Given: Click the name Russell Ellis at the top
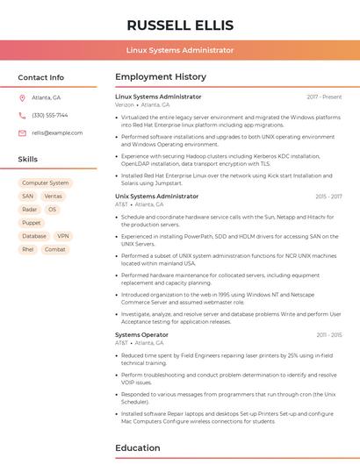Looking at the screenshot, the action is tap(179, 25).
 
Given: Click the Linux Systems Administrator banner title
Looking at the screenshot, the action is tap(179, 50).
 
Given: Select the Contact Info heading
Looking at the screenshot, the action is tap(40, 77).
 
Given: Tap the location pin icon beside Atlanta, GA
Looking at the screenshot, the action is tap(22, 97).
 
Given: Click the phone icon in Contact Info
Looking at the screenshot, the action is tap(22, 115).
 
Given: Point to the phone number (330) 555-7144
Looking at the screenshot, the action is tap(49, 115).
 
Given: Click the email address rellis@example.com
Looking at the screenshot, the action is tap(57, 132).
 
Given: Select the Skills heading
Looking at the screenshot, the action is tap(27, 160).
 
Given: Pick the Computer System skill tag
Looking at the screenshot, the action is tap(46, 183).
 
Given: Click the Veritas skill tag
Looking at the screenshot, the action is tap(54, 197).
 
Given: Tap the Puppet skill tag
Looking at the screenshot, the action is tap(32, 223).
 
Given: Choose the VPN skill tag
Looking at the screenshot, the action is tap(63, 236).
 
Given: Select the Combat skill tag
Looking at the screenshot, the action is tap(54, 249).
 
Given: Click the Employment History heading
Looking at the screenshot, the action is tap(161, 77).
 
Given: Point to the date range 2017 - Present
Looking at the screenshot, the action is tap(324, 97).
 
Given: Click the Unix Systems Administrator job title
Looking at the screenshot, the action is tap(156, 197).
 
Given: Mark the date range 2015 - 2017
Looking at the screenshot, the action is tap(328, 197).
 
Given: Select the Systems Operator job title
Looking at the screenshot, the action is tap(141, 334).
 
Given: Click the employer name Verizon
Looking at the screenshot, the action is tap(125, 104).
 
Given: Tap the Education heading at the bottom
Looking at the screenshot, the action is tap(139, 447).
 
